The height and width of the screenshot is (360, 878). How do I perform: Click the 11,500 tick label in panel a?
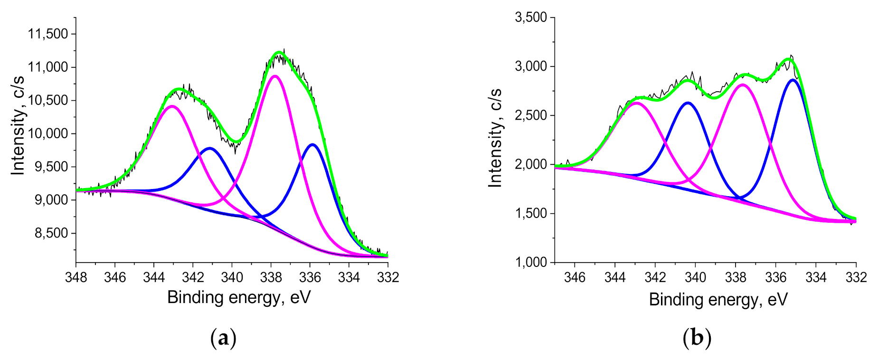[x=48, y=34]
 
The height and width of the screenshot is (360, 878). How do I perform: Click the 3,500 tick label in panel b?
[x=531, y=18]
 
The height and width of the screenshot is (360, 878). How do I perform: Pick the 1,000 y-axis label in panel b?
[x=531, y=263]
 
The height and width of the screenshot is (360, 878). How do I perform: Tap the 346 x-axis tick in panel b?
[x=575, y=277]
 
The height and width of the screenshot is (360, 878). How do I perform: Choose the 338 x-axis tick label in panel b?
[x=736, y=277]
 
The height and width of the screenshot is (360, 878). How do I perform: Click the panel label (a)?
[x=223, y=339]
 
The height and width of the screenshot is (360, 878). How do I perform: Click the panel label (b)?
[x=697, y=339]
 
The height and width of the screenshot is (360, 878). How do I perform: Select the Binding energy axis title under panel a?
[x=239, y=298]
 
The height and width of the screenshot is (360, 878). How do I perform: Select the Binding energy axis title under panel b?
[x=718, y=300]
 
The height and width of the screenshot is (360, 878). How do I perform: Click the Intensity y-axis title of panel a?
[x=18, y=125]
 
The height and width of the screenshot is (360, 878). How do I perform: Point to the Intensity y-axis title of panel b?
[x=495, y=138]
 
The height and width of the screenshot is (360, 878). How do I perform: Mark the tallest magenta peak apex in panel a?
[x=274, y=76]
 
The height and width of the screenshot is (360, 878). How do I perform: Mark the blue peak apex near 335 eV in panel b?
[x=793, y=80]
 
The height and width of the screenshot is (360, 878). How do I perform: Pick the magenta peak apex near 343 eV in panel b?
[x=636, y=103]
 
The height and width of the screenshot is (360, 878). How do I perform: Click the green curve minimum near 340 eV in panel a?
[x=236, y=142]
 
